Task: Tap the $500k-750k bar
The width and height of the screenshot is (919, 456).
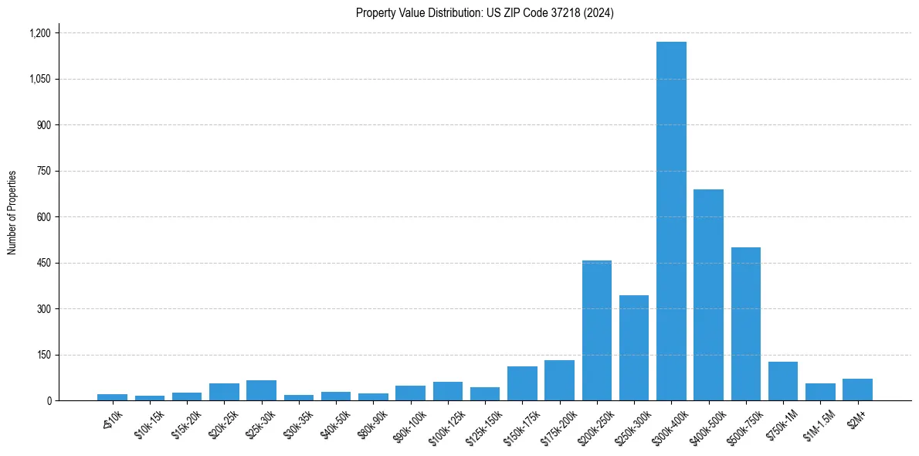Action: coord(746,324)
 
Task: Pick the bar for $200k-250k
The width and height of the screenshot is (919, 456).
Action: coord(596,331)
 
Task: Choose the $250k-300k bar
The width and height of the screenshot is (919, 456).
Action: coord(634,348)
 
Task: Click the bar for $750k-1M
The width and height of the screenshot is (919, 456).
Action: coord(783,381)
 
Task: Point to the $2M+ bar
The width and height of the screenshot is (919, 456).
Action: coord(857,390)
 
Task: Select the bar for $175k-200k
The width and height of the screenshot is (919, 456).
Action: coord(559,380)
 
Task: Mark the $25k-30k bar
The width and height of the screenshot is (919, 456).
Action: coord(261,390)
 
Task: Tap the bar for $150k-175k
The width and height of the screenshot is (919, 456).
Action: coord(522,383)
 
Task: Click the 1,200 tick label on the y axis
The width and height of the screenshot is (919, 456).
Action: coord(39,33)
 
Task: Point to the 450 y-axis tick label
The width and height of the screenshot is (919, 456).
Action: coord(44,263)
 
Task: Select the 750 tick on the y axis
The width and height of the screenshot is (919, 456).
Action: coord(44,171)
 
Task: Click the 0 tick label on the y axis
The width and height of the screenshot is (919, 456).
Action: coord(49,400)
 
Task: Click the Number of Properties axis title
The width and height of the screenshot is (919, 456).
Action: coord(12,213)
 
